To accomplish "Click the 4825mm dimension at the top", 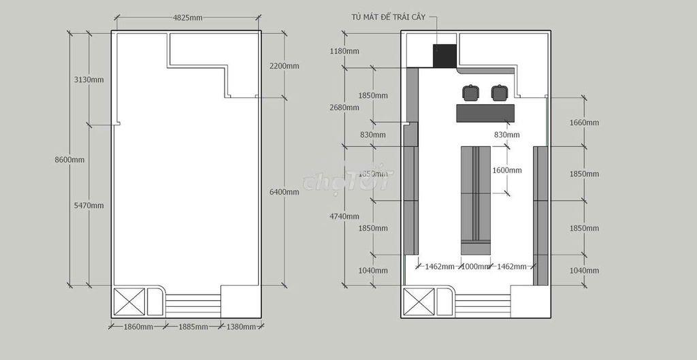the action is click(x=188, y=18).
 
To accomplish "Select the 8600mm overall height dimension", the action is click(x=70, y=159).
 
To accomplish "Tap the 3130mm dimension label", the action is click(x=89, y=80).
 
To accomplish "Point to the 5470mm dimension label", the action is click(x=89, y=206).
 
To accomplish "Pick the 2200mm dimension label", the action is click(x=285, y=66).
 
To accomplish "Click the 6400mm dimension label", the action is click(x=285, y=192).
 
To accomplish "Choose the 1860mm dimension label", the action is click(x=138, y=327).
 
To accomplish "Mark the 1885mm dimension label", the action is click(x=193, y=327).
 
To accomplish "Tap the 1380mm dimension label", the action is click(x=241, y=327).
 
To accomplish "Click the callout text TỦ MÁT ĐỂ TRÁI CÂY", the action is click(x=389, y=17).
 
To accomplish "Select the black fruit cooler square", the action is click(x=445, y=56).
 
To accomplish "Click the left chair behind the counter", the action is click(x=471, y=93).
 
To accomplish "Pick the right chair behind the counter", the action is click(x=500, y=93).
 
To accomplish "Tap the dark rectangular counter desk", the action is click(x=485, y=113).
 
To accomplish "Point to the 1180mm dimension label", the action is click(x=344, y=51).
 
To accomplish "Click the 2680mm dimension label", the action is click(x=344, y=107).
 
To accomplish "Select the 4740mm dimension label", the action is click(x=344, y=216).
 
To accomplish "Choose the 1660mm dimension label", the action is click(x=584, y=122).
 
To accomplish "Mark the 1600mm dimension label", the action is click(x=507, y=170).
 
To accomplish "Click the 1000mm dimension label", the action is click(x=475, y=267).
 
